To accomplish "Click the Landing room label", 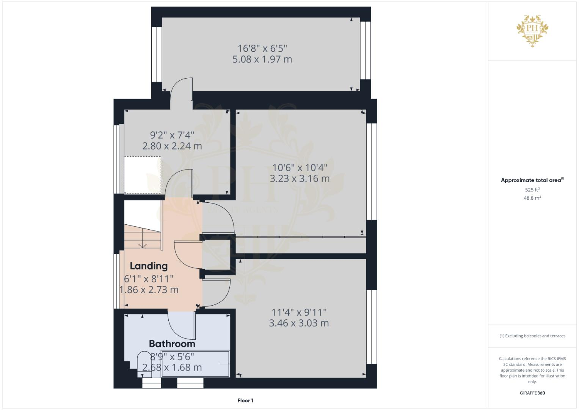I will click(149, 266).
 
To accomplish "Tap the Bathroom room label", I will click(172, 344).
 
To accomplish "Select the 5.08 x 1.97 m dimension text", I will click(262, 59).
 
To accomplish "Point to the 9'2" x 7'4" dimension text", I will click(172, 135).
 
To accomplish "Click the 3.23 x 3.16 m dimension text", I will click(300, 178).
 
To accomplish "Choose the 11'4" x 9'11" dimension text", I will click(299, 312).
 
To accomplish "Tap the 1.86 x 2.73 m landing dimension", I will click(149, 290).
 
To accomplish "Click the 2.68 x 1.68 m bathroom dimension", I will click(172, 367).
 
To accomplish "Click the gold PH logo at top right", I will click(532, 30).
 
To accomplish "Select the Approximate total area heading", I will click(532, 180).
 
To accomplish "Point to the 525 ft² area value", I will click(532, 189).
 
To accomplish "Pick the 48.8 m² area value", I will click(532, 198).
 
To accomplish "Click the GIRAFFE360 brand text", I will click(532, 393).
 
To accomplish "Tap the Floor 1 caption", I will click(245, 401).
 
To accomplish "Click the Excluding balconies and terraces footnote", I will click(532, 336).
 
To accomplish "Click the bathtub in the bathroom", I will click(195, 364).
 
